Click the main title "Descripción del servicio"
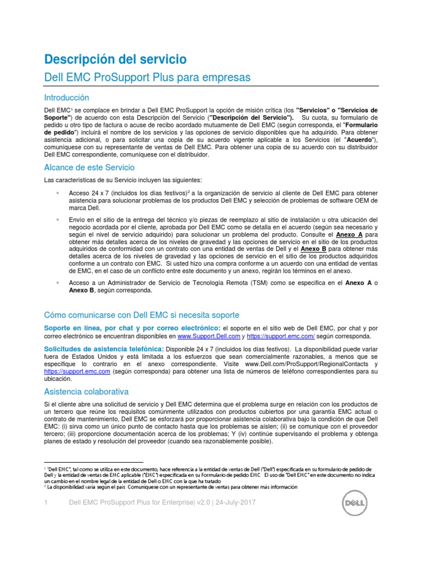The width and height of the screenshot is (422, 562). click(x=115, y=59)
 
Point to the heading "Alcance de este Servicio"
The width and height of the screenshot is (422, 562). click(x=89, y=167)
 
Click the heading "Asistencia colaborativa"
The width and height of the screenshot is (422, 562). click(x=86, y=391)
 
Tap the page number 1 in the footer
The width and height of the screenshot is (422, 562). click(x=47, y=503)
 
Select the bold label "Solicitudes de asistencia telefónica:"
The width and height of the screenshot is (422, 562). click(x=104, y=349)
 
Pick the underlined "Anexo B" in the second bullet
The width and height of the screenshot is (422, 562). click(x=314, y=249)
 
